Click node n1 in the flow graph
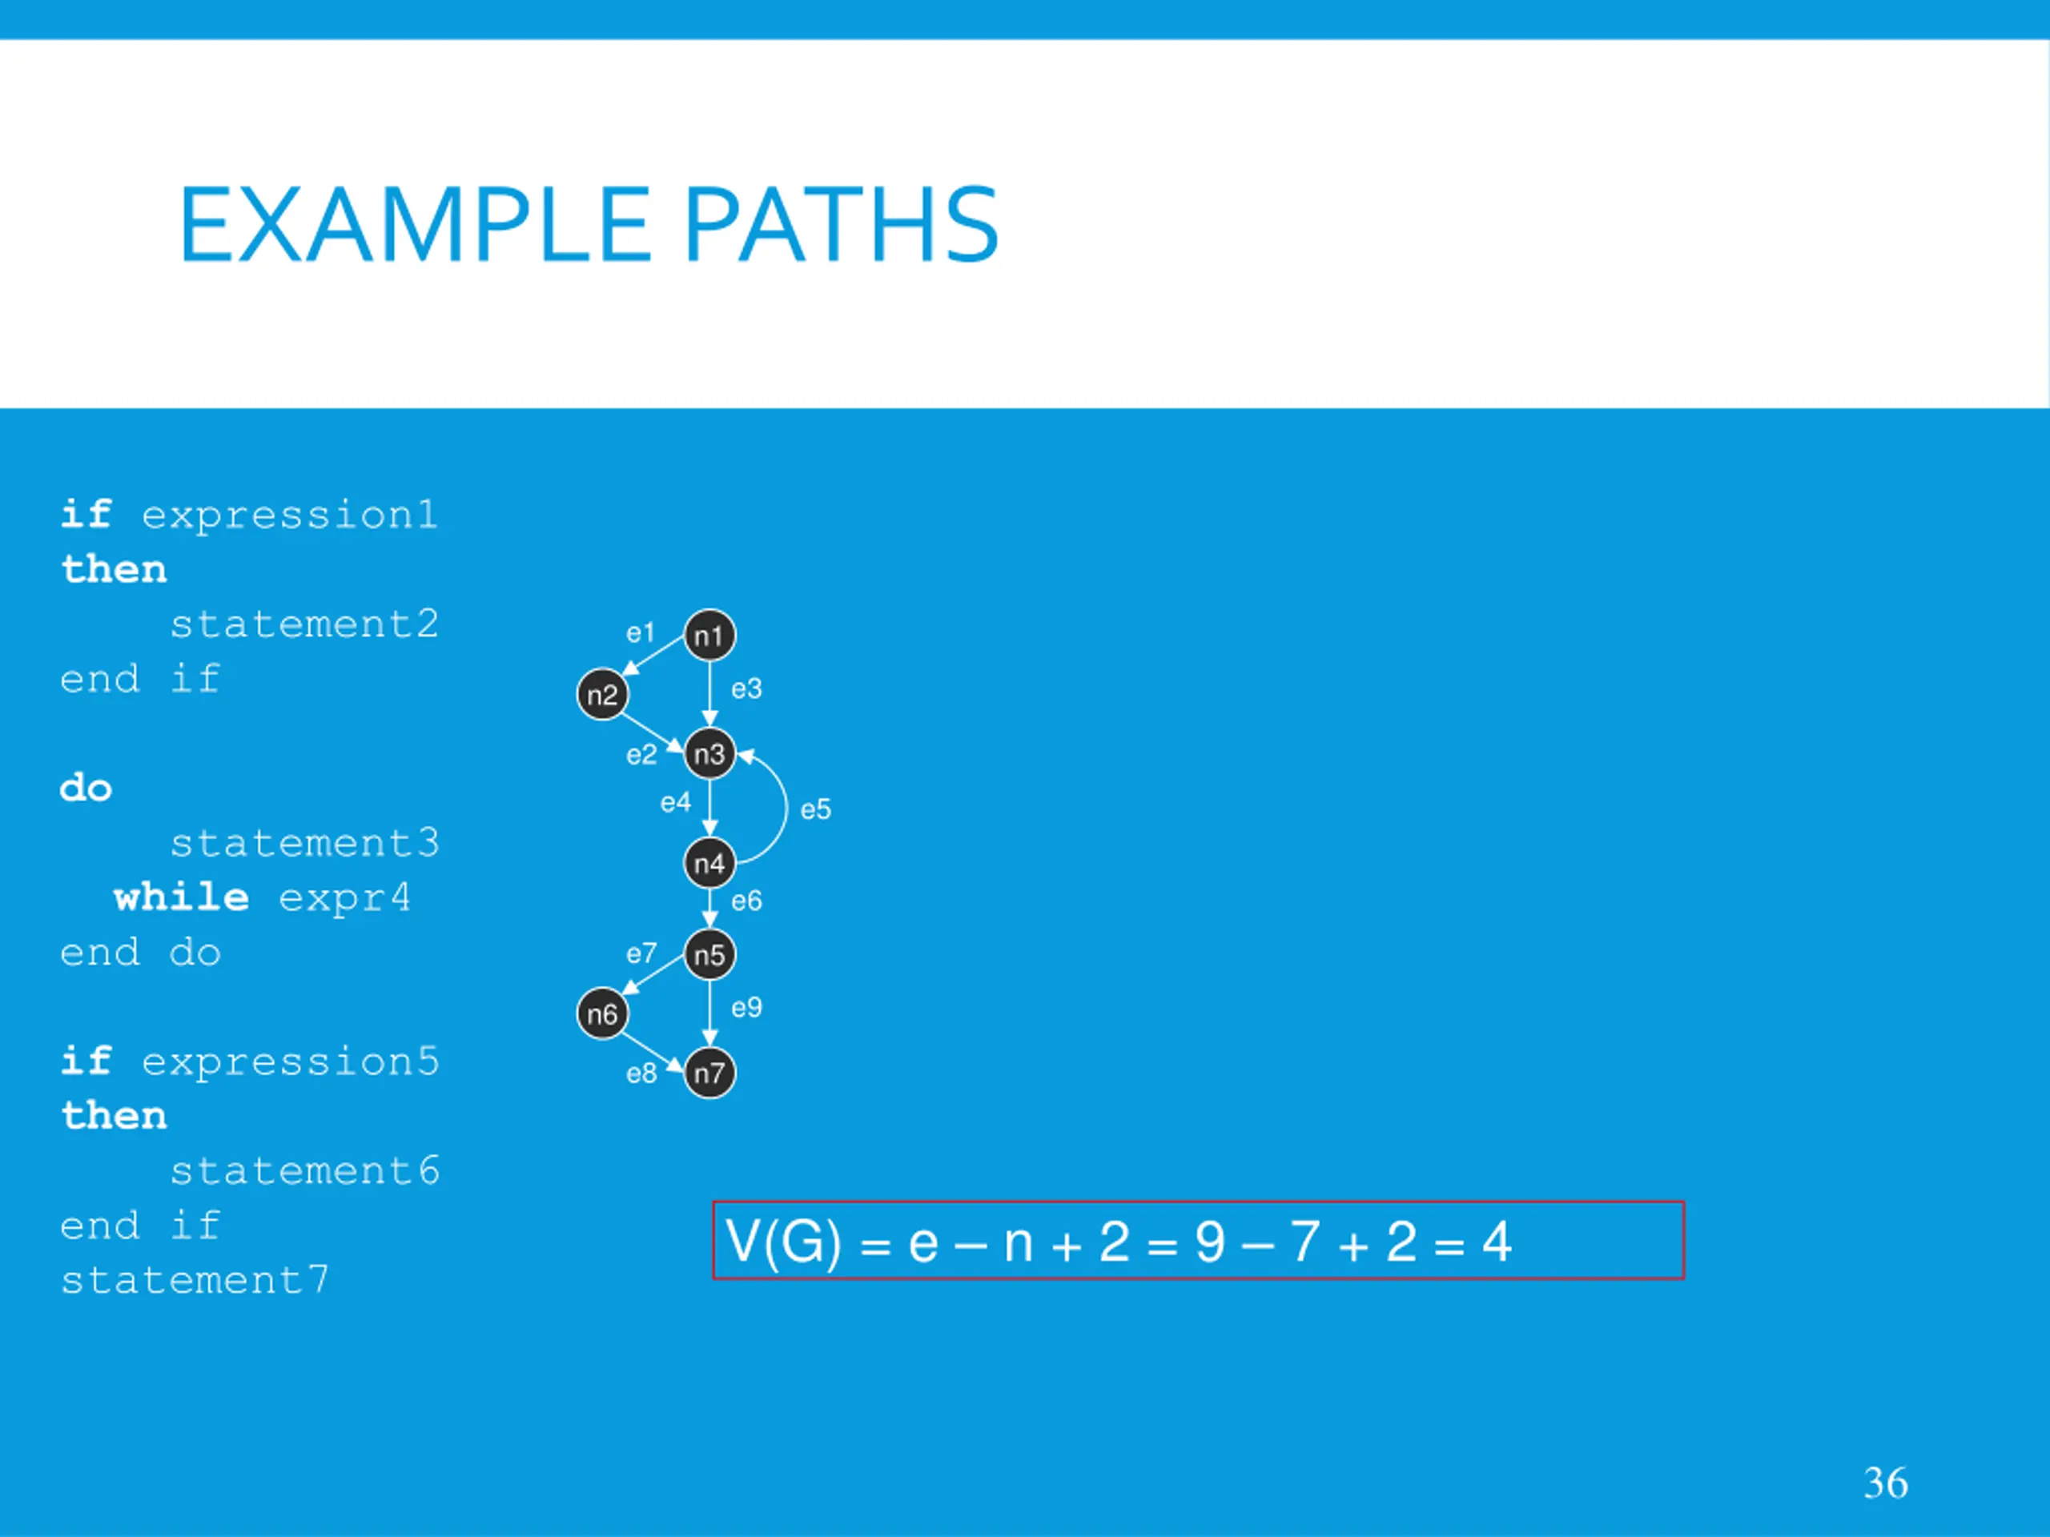click(709, 636)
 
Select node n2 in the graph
click(602, 695)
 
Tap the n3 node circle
click(709, 754)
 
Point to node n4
click(709, 864)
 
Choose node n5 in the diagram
click(709, 954)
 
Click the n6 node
click(602, 1013)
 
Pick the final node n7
click(709, 1073)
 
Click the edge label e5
click(815, 810)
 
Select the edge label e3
click(746, 689)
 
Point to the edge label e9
click(746, 1007)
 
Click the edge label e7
click(641, 953)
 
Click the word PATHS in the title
click(841, 225)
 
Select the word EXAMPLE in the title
click(414, 225)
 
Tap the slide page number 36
click(1885, 1483)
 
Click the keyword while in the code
click(181, 897)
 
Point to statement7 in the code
click(195, 1280)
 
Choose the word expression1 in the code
click(289, 515)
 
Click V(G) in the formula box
click(783, 1242)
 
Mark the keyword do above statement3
click(85, 789)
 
